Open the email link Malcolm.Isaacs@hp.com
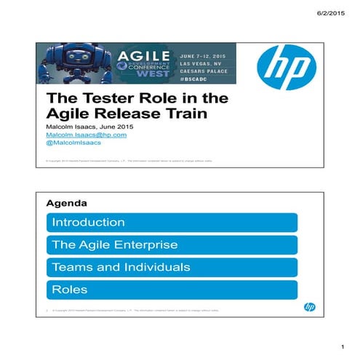click(x=86, y=135)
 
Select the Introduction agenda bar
click(x=172, y=223)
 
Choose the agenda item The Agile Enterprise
click(x=172, y=245)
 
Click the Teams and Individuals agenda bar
click(x=172, y=268)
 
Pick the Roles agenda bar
click(x=172, y=290)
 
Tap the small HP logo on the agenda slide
click(x=309, y=307)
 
